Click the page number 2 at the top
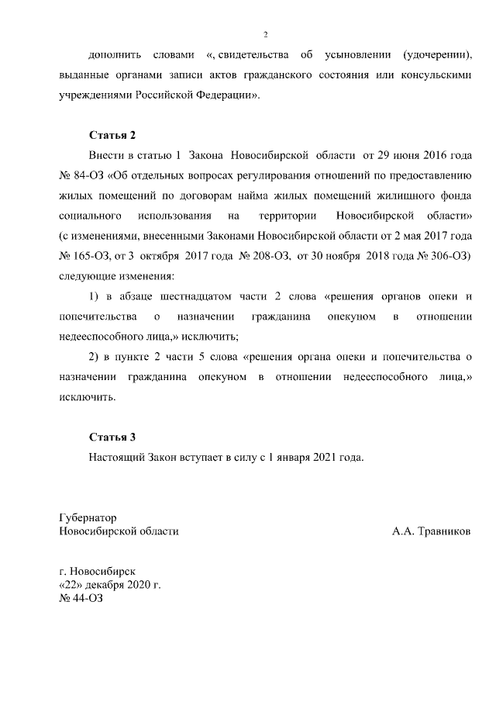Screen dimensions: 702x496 [265, 34]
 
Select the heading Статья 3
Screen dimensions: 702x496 [112, 436]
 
